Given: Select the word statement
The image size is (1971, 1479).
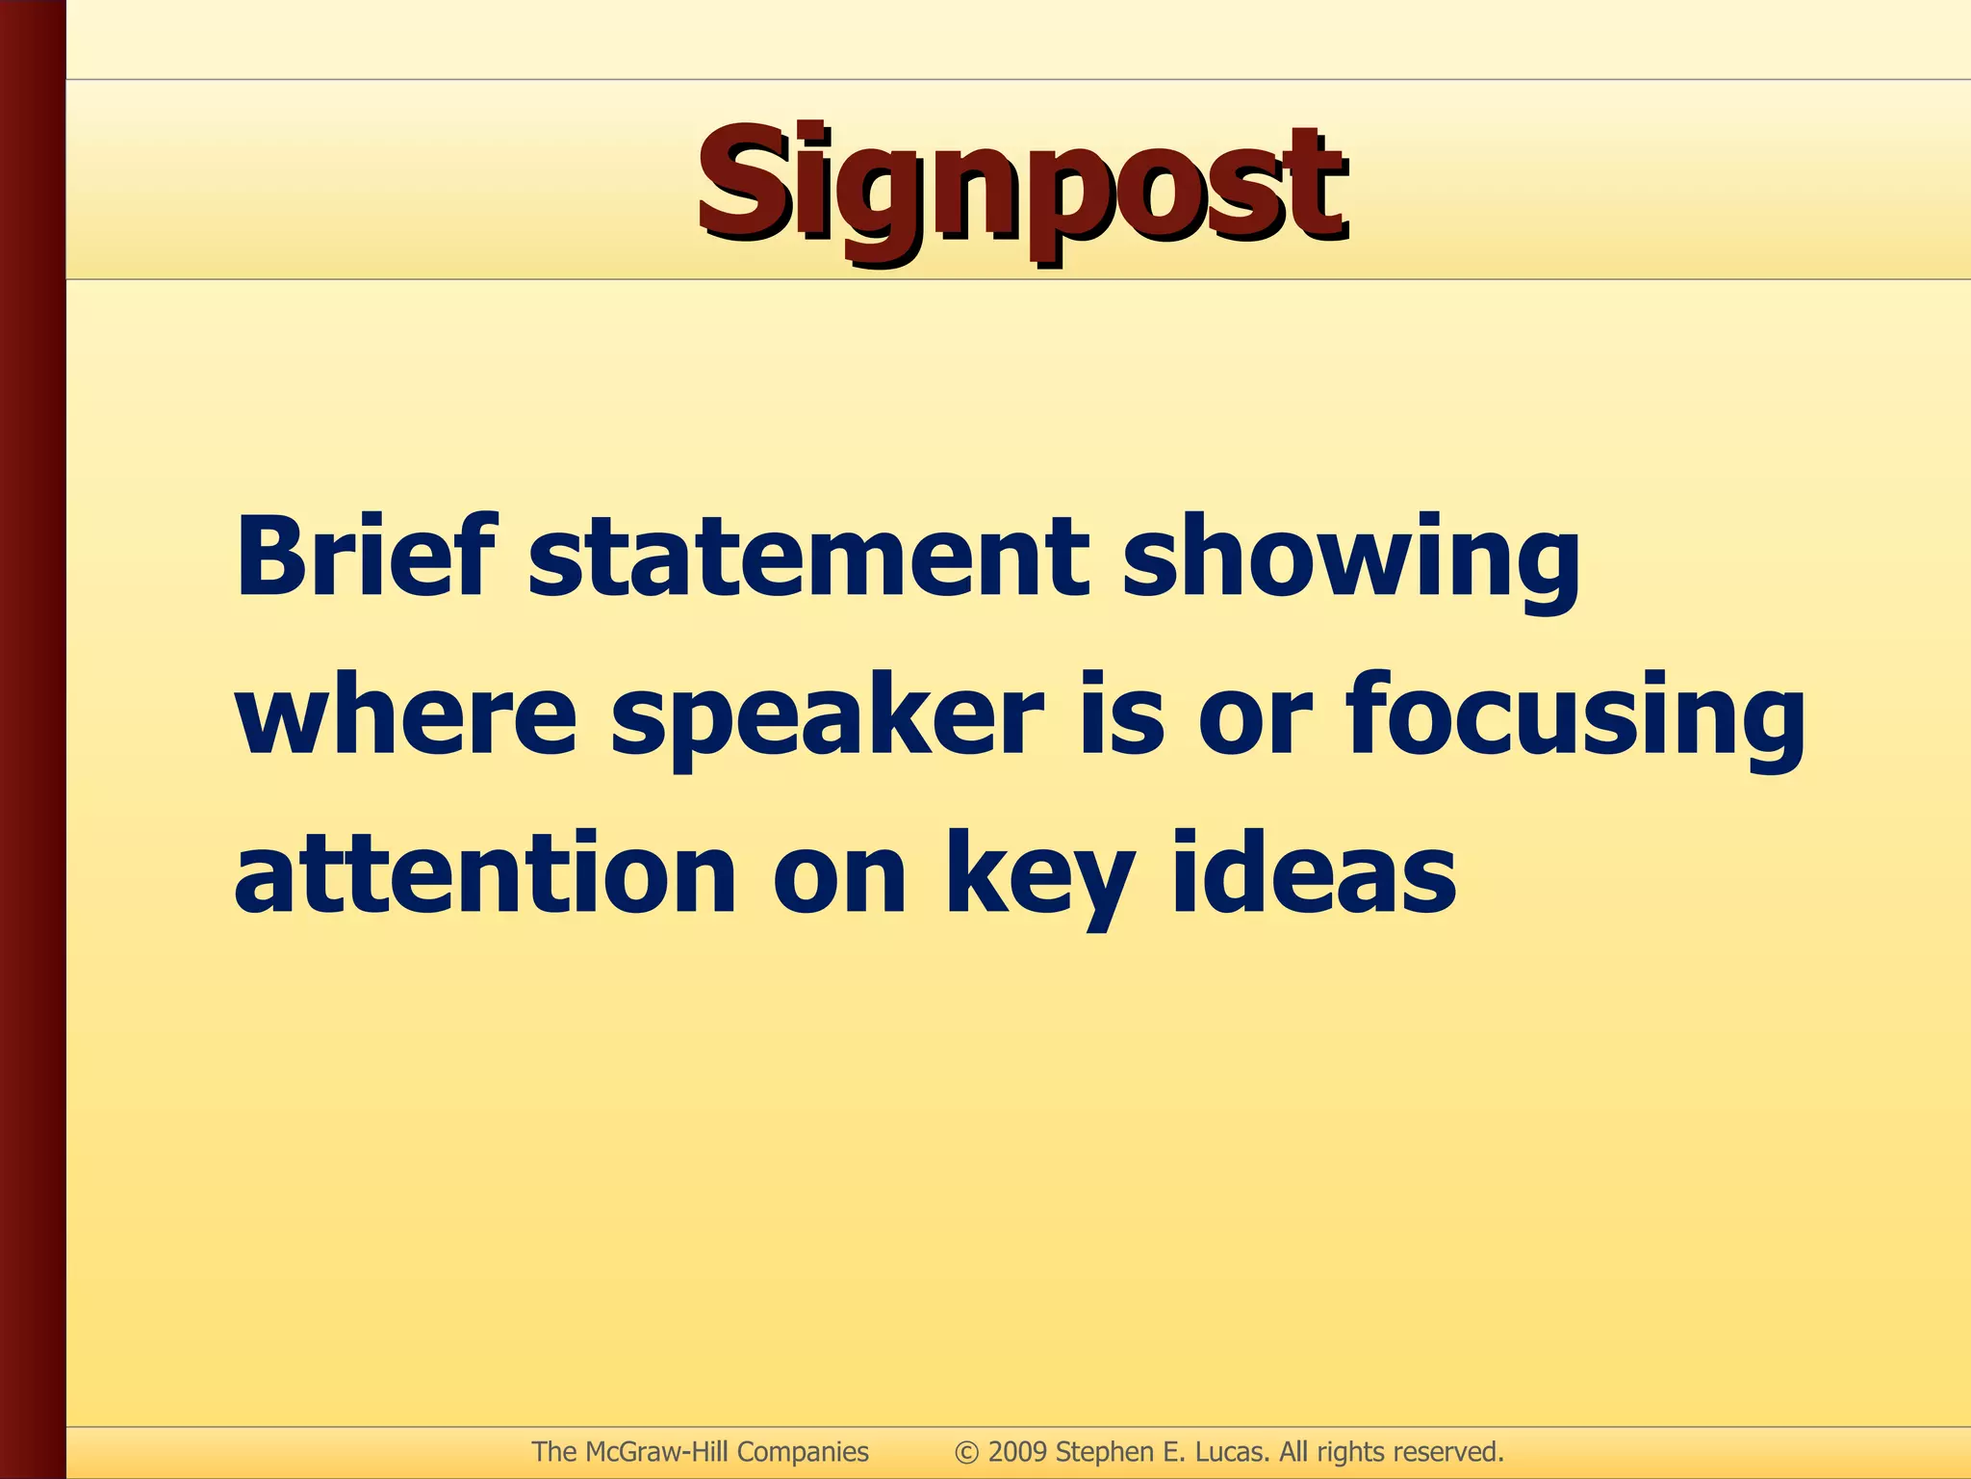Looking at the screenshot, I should pyautogui.click(x=808, y=558).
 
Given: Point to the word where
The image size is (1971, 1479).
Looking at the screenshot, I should pyautogui.click(x=405, y=716).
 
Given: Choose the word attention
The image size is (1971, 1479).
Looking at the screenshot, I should pyautogui.click(x=484, y=874).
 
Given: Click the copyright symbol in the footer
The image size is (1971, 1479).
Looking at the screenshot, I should pyautogui.click(x=967, y=1452).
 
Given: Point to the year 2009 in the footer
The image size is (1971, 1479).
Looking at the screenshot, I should pyautogui.click(x=1017, y=1452).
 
